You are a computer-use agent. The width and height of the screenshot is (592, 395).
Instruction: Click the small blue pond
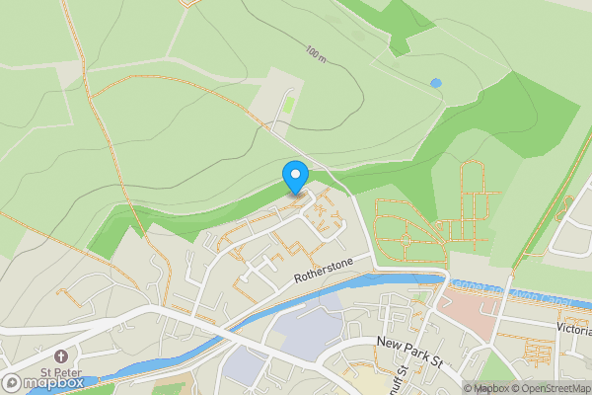pyautogui.click(x=435, y=83)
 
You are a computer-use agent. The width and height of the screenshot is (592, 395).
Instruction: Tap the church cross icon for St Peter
pyautogui.click(x=61, y=355)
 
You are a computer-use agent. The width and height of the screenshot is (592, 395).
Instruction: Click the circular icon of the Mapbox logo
pyautogui.click(x=12, y=383)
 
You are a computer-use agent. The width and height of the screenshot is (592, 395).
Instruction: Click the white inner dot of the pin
pyautogui.click(x=295, y=173)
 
